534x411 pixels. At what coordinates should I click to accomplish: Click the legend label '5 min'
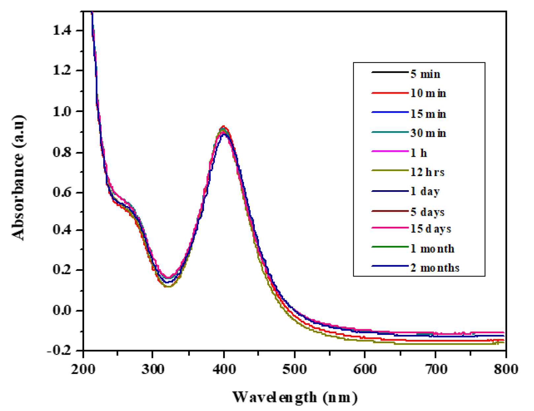[425, 74]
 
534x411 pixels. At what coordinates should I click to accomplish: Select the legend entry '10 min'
[428, 94]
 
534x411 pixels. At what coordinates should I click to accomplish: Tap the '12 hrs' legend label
[427, 172]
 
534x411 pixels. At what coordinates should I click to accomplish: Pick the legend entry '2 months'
[435, 268]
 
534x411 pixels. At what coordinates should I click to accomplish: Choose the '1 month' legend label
[432, 249]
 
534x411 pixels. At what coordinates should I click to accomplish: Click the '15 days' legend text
[430, 229]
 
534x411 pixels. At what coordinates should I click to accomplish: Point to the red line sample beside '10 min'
[390, 93]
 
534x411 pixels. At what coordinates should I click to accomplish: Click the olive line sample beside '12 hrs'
[390, 170]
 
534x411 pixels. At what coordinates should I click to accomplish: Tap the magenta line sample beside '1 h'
[390, 151]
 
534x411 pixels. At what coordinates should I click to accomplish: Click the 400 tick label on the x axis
[224, 369]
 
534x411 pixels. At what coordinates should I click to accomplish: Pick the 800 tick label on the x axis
[505, 369]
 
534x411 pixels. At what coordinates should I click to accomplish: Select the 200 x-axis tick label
[83, 369]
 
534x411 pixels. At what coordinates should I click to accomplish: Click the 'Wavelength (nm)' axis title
[295, 397]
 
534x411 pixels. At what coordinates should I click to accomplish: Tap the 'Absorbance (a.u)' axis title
[18, 178]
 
